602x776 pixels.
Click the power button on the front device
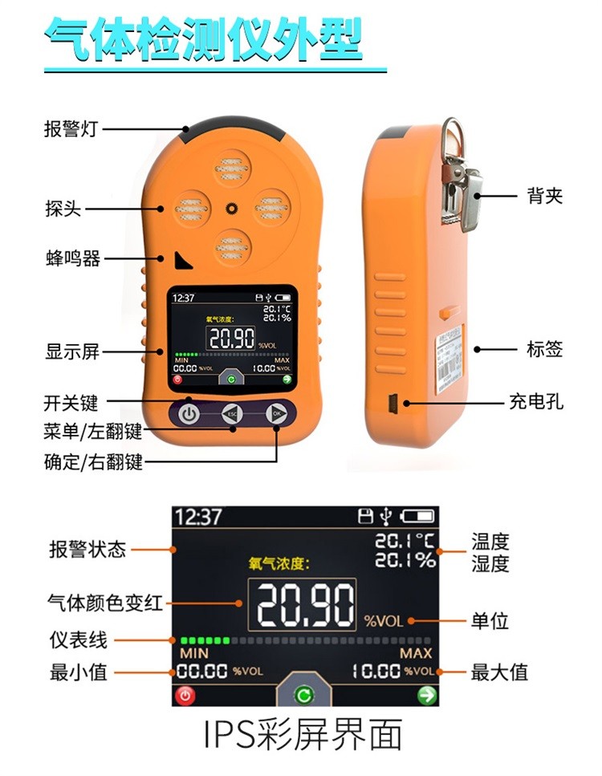coord(188,415)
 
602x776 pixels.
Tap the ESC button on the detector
coord(232,415)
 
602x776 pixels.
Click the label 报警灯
coord(70,128)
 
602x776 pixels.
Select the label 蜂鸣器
coord(72,258)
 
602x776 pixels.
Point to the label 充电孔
coord(536,400)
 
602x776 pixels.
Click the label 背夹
coord(545,195)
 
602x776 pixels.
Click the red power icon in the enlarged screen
coord(185,695)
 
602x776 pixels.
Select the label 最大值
coord(499,672)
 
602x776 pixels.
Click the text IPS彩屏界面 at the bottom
coord(301,736)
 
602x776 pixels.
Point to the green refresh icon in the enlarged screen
coord(303,694)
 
